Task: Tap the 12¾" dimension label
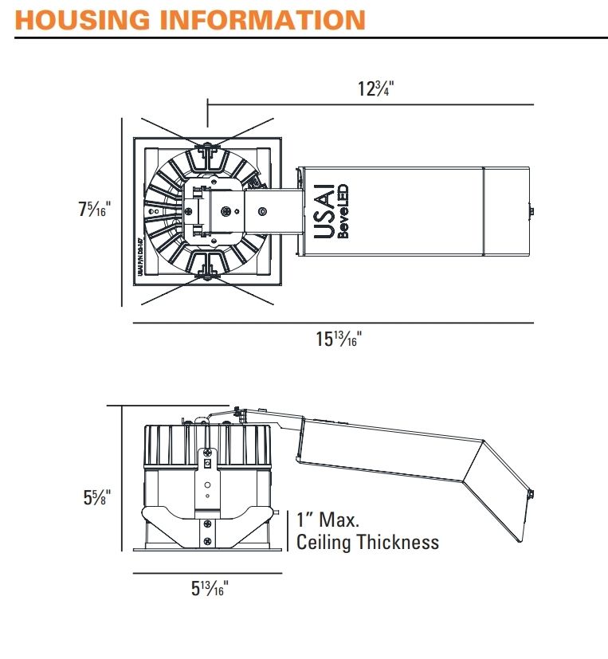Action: pyautogui.click(x=375, y=88)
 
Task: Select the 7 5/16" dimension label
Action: pyautogui.click(x=94, y=211)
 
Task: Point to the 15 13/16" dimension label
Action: pyautogui.click(x=339, y=339)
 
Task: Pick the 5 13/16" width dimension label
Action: pyautogui.click(x=210, y=589)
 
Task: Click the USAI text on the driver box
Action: pyautogui.click(x=326, y=211)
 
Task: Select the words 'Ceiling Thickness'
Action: pyautogui.click(x=367, y=543)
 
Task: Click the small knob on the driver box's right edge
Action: pyautogui.click(x=532, y=211)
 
